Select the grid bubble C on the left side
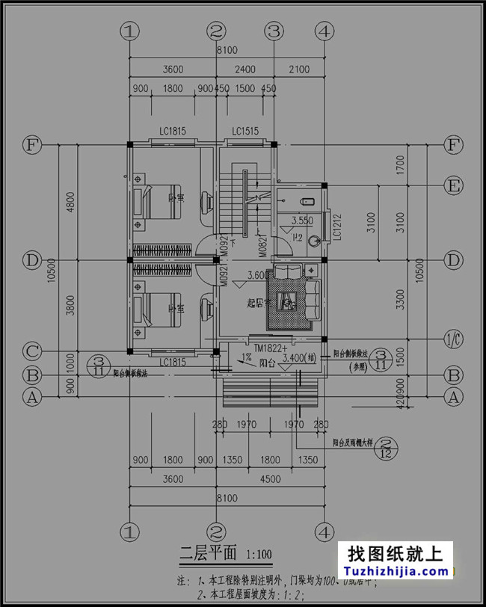coord(31,351)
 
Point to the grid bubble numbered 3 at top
coord(274,31)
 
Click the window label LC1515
coord(244,132)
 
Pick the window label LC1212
coord(337,225)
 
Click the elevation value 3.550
coord(301,221)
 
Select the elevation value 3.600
coord(256,275)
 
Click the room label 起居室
coord(260,303)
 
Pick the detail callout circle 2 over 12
coord(390,448)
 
